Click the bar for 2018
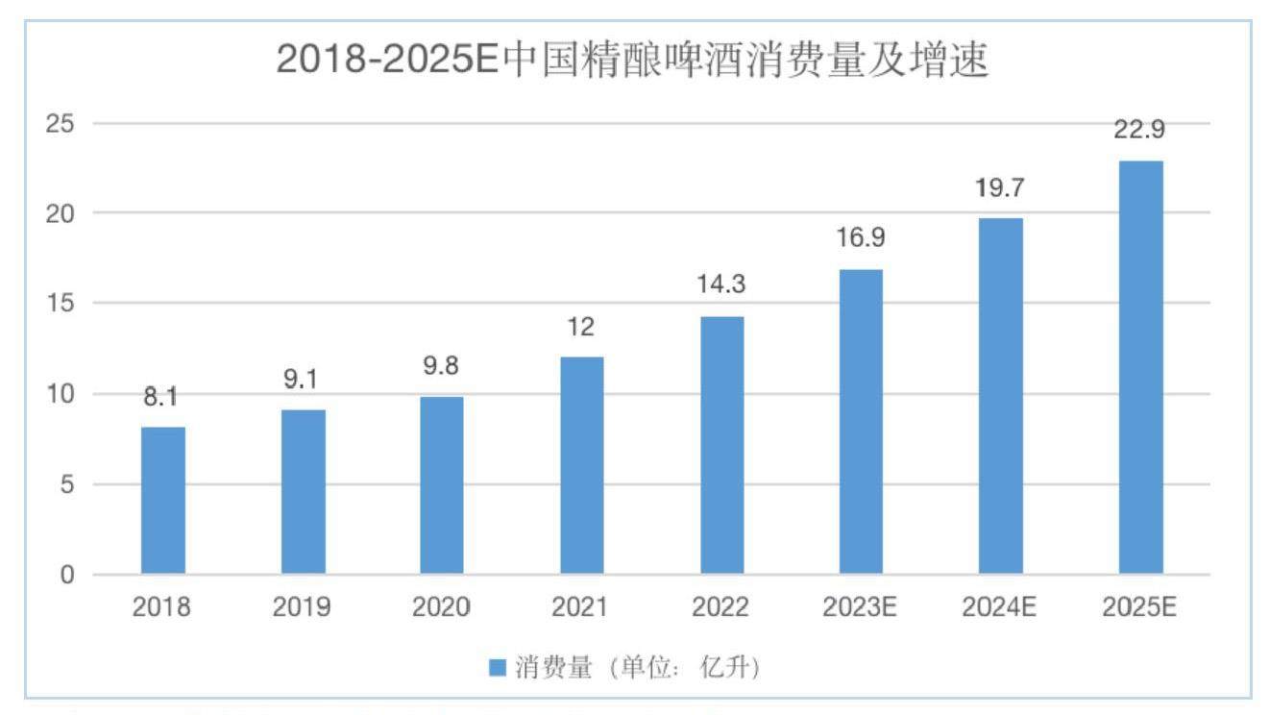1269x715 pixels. (163, 501)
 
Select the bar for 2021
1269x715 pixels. (582, 465)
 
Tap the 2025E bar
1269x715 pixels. (1140, 367)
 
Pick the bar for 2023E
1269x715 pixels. (861, 422)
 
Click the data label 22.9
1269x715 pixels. (1139, 131)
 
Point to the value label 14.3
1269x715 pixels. (721, 285)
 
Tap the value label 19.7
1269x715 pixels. (1000, 188)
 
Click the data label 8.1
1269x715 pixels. (162, 397)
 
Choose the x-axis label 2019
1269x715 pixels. (303, 607)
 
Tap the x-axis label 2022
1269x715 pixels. (721, 607)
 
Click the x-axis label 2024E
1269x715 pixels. (1000, 607)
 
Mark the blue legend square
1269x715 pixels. (497, 668)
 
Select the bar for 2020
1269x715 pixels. (442, 485)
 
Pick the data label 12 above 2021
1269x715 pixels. (581, 328)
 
